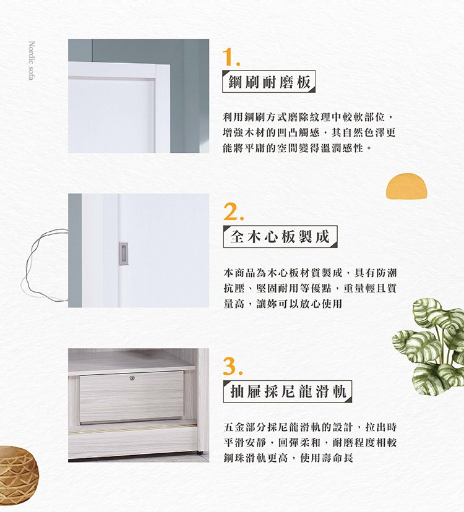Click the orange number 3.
pos(233,366)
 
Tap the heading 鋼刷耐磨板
pos(269,82)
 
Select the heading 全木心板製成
pos(280,236)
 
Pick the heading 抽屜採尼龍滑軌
pos(288,391)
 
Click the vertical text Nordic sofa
pos(32,61)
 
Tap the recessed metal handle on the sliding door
pos(123,254)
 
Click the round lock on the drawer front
pos(132,378)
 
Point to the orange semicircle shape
pos(406,186)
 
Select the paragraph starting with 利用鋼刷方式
pos(309,132)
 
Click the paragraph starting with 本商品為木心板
pos(310,288)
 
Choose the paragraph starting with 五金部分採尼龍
pos(310,443)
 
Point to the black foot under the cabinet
pos(199,453)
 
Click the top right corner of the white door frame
pos(170,66)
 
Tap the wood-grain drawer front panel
pos(132,397)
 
